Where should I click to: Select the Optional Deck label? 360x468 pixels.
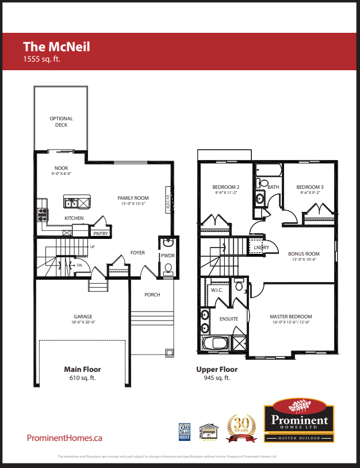click(61, 121)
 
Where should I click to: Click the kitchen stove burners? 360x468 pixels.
click(41, 215)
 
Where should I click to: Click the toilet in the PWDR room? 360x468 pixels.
click(168, 267)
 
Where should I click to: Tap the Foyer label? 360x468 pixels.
click(137, 253)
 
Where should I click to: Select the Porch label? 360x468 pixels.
click(152, 295)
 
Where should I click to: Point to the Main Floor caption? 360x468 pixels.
click(82, 370)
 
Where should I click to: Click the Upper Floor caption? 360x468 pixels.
click(217, 370)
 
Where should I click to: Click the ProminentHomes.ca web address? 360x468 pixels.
click(64, 438)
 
